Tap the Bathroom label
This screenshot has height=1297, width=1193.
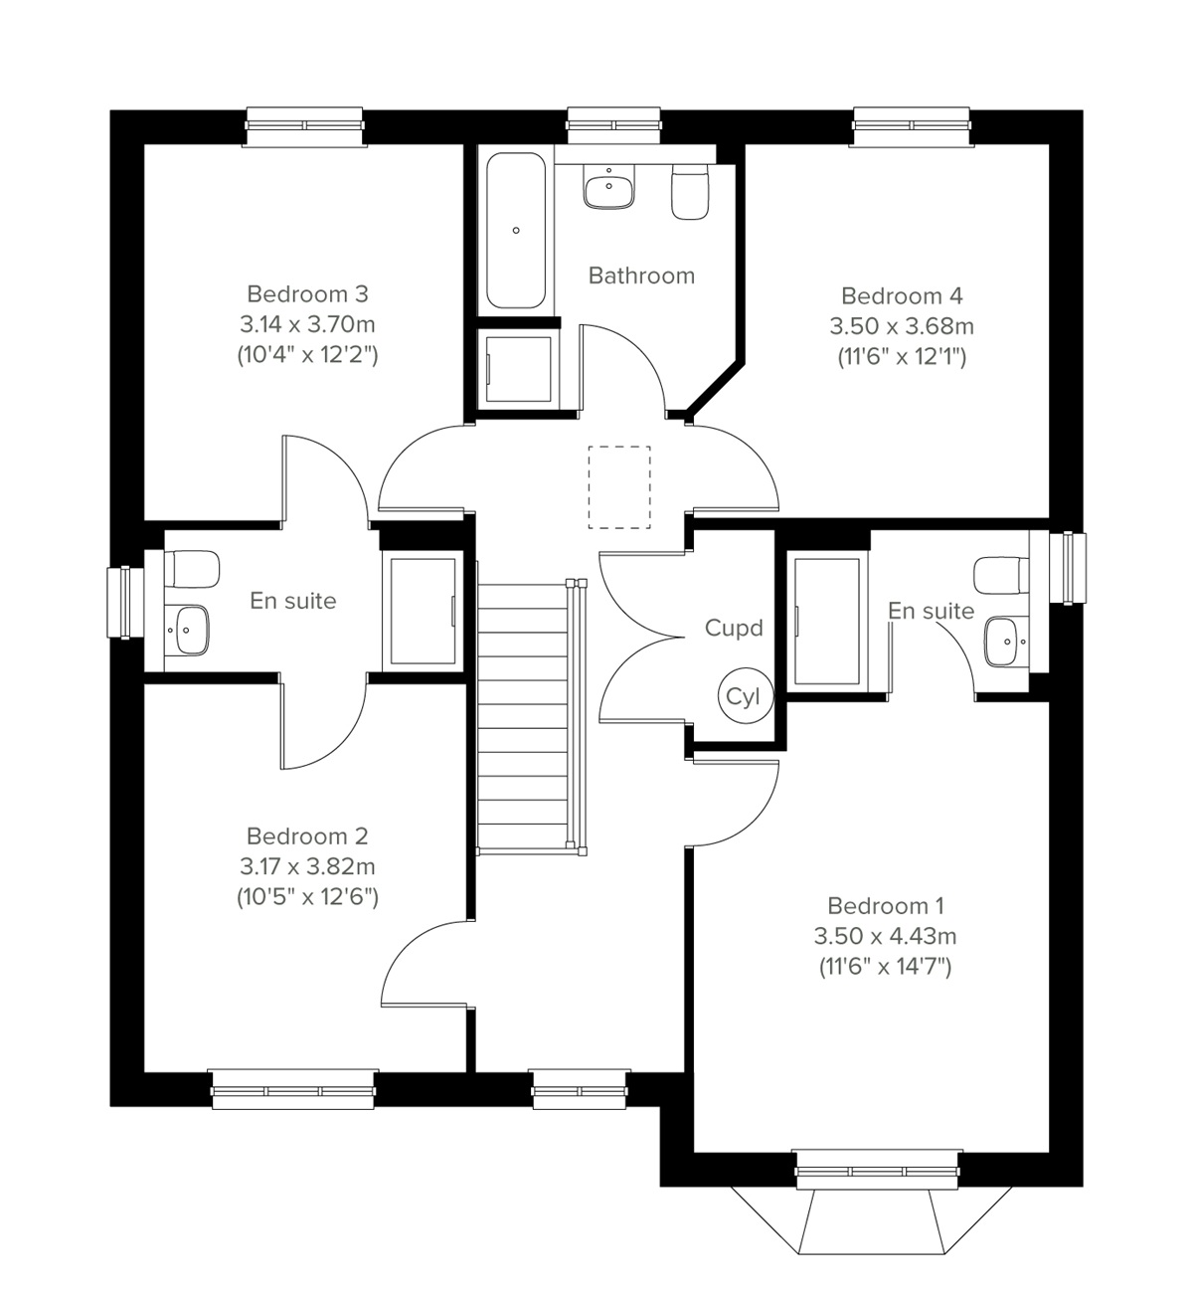[x=641, y=276]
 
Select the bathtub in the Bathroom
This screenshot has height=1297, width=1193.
[x=516, y=230]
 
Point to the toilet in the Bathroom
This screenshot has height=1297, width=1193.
[x=690, y=191]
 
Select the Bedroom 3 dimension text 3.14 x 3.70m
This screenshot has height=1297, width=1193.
[x=307, y=324]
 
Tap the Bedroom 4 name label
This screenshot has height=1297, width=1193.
[x=902, y=295]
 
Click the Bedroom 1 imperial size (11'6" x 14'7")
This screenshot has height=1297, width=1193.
[x=885, y=966]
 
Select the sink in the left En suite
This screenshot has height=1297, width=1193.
[x=186, y=630]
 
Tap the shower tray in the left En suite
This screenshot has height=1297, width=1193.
[x=423, y=611]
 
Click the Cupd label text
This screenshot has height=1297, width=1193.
[x=734, y=628]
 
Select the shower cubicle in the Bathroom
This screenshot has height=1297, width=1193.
[x=517, y=368]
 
